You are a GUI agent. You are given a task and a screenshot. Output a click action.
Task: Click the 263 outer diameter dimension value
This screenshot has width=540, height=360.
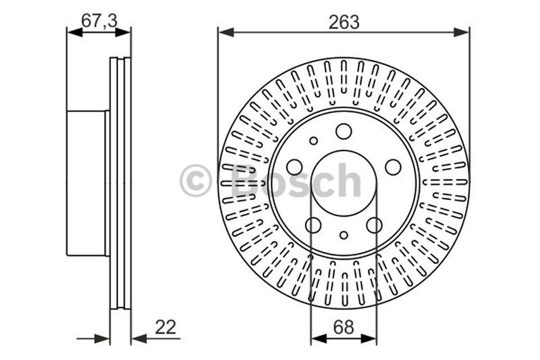[344, 22]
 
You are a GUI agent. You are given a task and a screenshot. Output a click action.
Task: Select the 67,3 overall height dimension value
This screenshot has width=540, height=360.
[99, 21]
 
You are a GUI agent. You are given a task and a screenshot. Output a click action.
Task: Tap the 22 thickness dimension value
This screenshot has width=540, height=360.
[165, 328]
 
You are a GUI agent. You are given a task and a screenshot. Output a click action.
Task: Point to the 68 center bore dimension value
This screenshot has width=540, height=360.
[344, 328]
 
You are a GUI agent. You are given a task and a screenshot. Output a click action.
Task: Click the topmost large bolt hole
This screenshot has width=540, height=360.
[344, 131]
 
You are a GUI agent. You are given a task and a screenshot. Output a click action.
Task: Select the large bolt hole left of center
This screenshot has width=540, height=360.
[295, 167]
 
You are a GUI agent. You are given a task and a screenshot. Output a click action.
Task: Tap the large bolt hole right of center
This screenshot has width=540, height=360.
[393, 167]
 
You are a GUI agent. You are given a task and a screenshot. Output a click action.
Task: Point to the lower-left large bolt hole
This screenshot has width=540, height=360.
[313, 225]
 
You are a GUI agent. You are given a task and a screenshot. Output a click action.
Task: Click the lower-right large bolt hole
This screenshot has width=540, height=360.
[374, 225]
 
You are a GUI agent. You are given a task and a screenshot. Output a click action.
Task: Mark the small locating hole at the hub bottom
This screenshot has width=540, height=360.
[344, 235]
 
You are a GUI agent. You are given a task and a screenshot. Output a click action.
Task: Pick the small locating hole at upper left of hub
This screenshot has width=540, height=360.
[313, 141]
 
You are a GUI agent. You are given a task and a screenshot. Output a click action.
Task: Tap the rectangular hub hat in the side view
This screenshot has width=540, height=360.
[87, 183]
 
